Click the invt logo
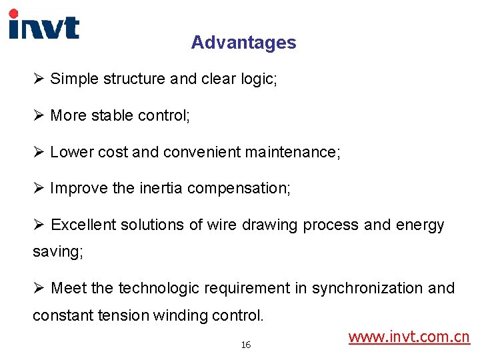tap(43, 25)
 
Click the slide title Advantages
tap(243, 43)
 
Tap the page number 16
tap(246, 345)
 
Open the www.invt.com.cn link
tap(409, 337)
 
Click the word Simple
tap(74, 79)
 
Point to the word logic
tap(259, 79)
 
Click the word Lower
tap(71, 152)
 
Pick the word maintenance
tap(292, 152)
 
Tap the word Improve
tap(79, 189)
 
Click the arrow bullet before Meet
tap(39, 288)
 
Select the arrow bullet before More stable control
tap(39, 115)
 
